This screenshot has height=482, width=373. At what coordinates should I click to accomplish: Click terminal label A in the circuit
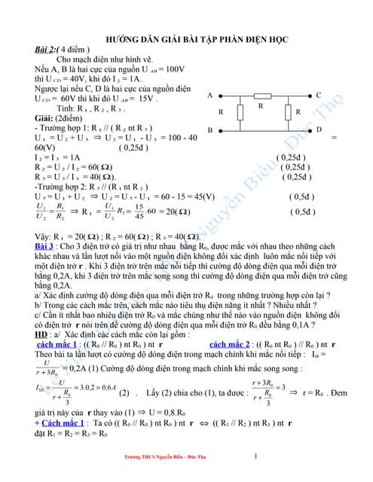(209, 96)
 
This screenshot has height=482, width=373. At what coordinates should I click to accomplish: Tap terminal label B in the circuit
(209, 130)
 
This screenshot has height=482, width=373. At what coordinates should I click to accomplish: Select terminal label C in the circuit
(319, 96)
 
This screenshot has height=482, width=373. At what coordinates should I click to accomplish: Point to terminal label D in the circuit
(319, 130)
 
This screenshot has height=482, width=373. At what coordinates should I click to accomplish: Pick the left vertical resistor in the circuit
(240, 113)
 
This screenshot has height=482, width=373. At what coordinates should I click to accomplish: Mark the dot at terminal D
(310, 130)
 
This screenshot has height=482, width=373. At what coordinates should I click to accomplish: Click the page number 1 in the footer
(255, 456)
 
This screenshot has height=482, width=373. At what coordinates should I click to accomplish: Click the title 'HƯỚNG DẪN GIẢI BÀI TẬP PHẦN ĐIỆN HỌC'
(186, 37)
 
